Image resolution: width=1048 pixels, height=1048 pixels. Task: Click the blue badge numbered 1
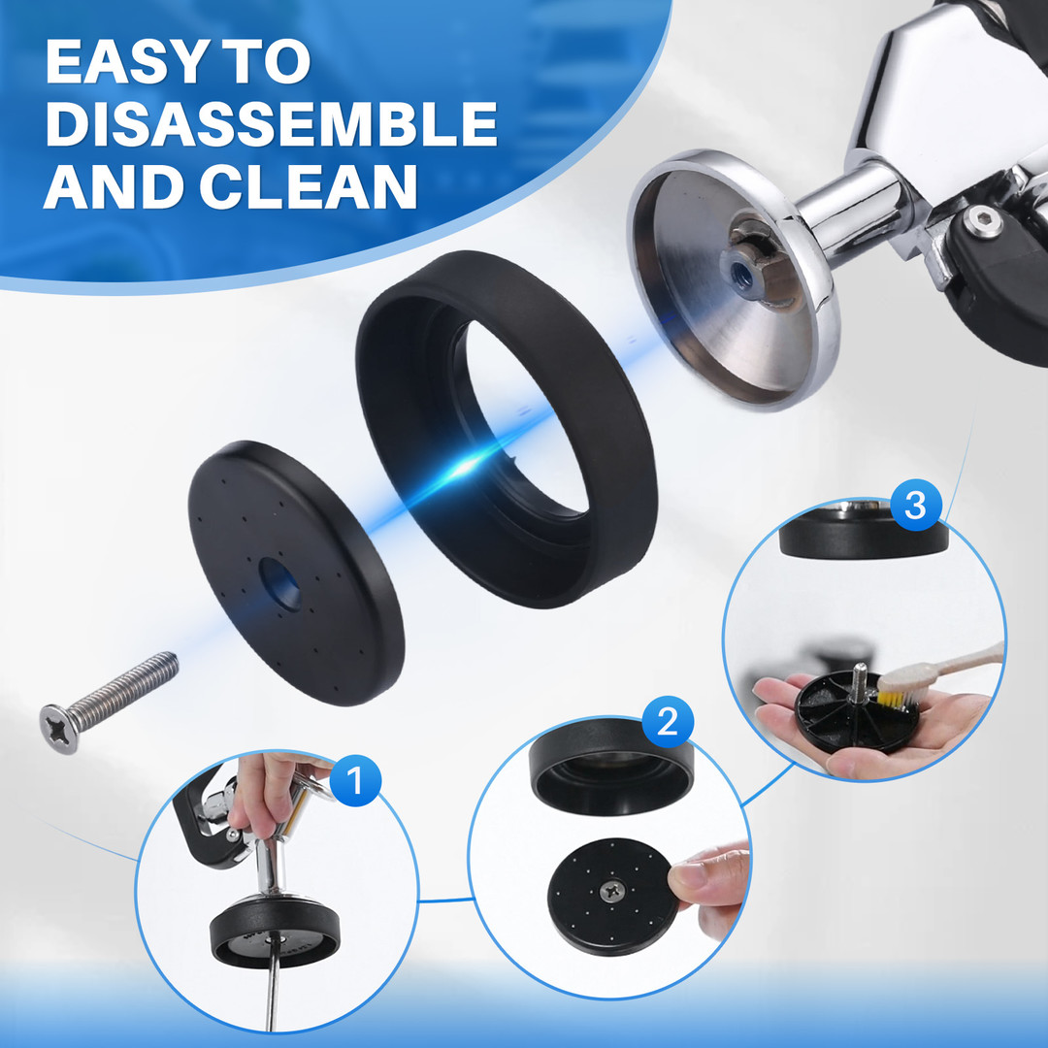click(x=355, y=780)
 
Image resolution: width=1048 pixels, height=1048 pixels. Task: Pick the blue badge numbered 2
click(x=667, y=722)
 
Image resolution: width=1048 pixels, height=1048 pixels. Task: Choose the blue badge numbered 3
click(x=916, y=506)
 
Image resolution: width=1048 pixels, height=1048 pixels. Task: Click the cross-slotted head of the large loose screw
click(x=59, y=729)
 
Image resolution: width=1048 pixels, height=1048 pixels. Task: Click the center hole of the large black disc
click(x=280, y=584)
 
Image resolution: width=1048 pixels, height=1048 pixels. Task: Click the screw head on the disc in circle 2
click(x=611, y=890)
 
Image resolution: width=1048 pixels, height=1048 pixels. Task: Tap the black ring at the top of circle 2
click(x=611, y=767)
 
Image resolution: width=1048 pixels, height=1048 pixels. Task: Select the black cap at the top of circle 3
click(x=863, y=534)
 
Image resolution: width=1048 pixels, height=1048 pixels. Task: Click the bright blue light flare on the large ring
click(x=461, y=467)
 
